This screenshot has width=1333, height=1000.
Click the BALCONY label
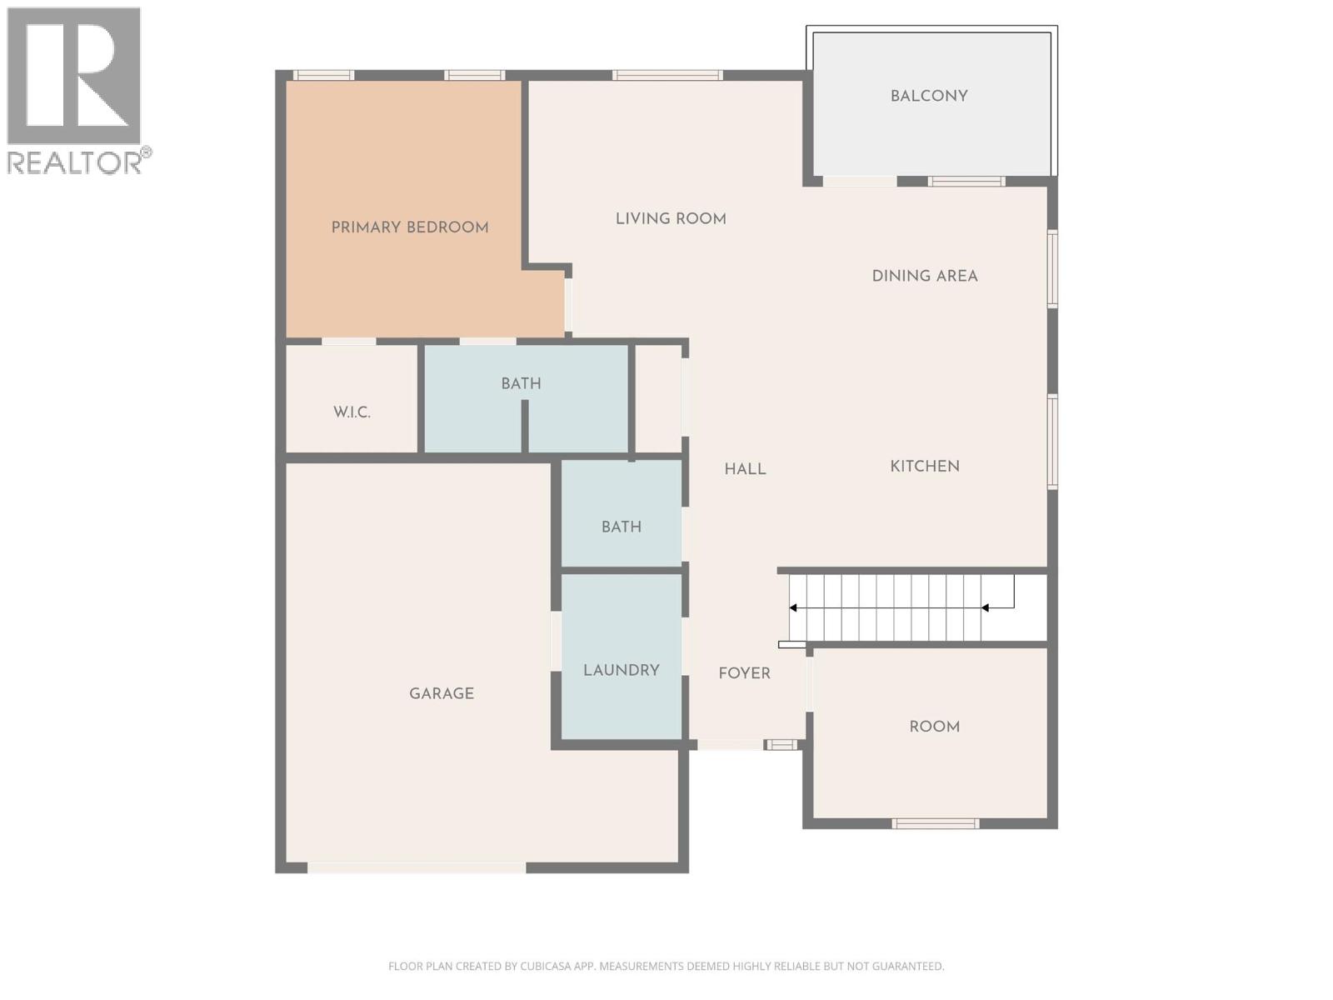[929, 96]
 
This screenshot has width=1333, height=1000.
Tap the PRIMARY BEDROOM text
[409, 227]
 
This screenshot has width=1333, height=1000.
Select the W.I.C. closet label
[352, 412]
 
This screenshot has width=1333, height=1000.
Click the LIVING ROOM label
[671, 218]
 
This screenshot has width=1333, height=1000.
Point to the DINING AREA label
[925, 276]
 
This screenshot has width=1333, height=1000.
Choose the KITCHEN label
[925, 466]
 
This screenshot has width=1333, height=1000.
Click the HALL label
[745, 469]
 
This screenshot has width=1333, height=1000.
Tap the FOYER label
[744, 673]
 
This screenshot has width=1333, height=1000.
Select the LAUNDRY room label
[622, 670]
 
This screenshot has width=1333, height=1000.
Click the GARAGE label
[442, 693]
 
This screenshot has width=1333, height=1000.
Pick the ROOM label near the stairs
[934, 727]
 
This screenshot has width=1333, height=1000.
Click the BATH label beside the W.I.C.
[521, 383]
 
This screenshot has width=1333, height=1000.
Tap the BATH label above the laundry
[622, 527]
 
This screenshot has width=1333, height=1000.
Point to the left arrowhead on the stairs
[793, 608]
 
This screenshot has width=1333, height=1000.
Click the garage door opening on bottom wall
[417, 867]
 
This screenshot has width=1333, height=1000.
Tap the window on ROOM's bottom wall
[935, 823]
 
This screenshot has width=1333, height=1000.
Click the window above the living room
[667, 75]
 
